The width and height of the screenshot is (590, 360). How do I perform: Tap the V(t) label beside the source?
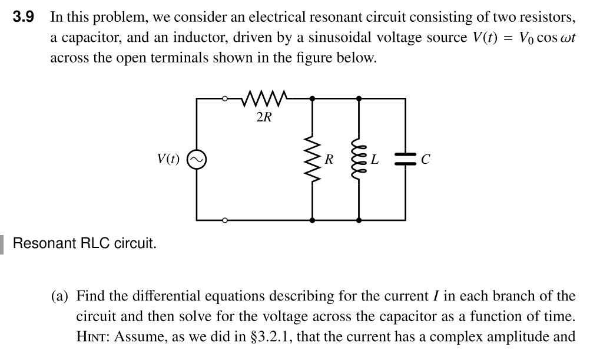[168, 159]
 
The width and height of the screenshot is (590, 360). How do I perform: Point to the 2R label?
[264, 117]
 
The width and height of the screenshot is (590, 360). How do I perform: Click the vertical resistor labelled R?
[312, 160]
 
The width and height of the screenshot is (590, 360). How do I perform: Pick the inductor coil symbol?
[358, 160]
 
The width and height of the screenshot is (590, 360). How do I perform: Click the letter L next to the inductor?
[374, 160]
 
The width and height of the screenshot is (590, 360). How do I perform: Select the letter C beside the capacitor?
[426, 160]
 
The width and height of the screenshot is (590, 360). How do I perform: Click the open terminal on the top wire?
[225, 98]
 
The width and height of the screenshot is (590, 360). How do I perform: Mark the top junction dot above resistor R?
[312, 98]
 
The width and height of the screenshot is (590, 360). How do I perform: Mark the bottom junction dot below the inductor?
[358, 220]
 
